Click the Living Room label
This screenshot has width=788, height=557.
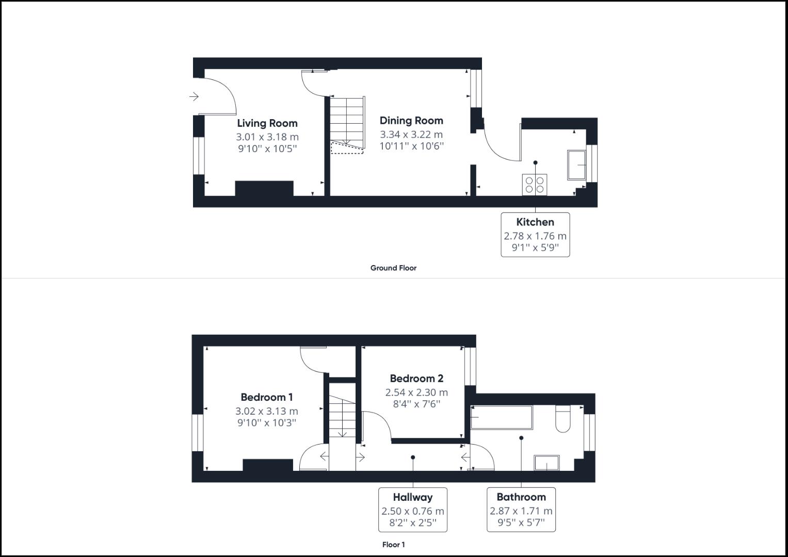(267, 123)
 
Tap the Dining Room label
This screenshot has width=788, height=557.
(411, 121)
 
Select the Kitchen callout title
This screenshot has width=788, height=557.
(535, 222)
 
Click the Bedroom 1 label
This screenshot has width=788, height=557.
(267, 397)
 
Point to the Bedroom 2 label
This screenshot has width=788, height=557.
(416, 379)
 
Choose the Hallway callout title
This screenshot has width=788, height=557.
(413, 497)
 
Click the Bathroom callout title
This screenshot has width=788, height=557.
(521, 497)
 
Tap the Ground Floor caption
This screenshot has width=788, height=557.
(393, 268)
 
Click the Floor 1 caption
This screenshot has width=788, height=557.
(393, 545)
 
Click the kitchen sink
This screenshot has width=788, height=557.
(576, 165)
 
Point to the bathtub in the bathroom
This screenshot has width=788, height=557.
(501, 417)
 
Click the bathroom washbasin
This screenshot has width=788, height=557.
(546, 463)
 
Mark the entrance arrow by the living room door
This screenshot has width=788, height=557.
(194, 96)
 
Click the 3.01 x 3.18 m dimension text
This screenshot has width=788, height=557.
(267, 137)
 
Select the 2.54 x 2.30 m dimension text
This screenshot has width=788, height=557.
(416, 392)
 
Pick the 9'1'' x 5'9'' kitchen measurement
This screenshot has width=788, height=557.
(535, 248)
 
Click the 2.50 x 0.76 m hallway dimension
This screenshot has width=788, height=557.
(413, 512)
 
